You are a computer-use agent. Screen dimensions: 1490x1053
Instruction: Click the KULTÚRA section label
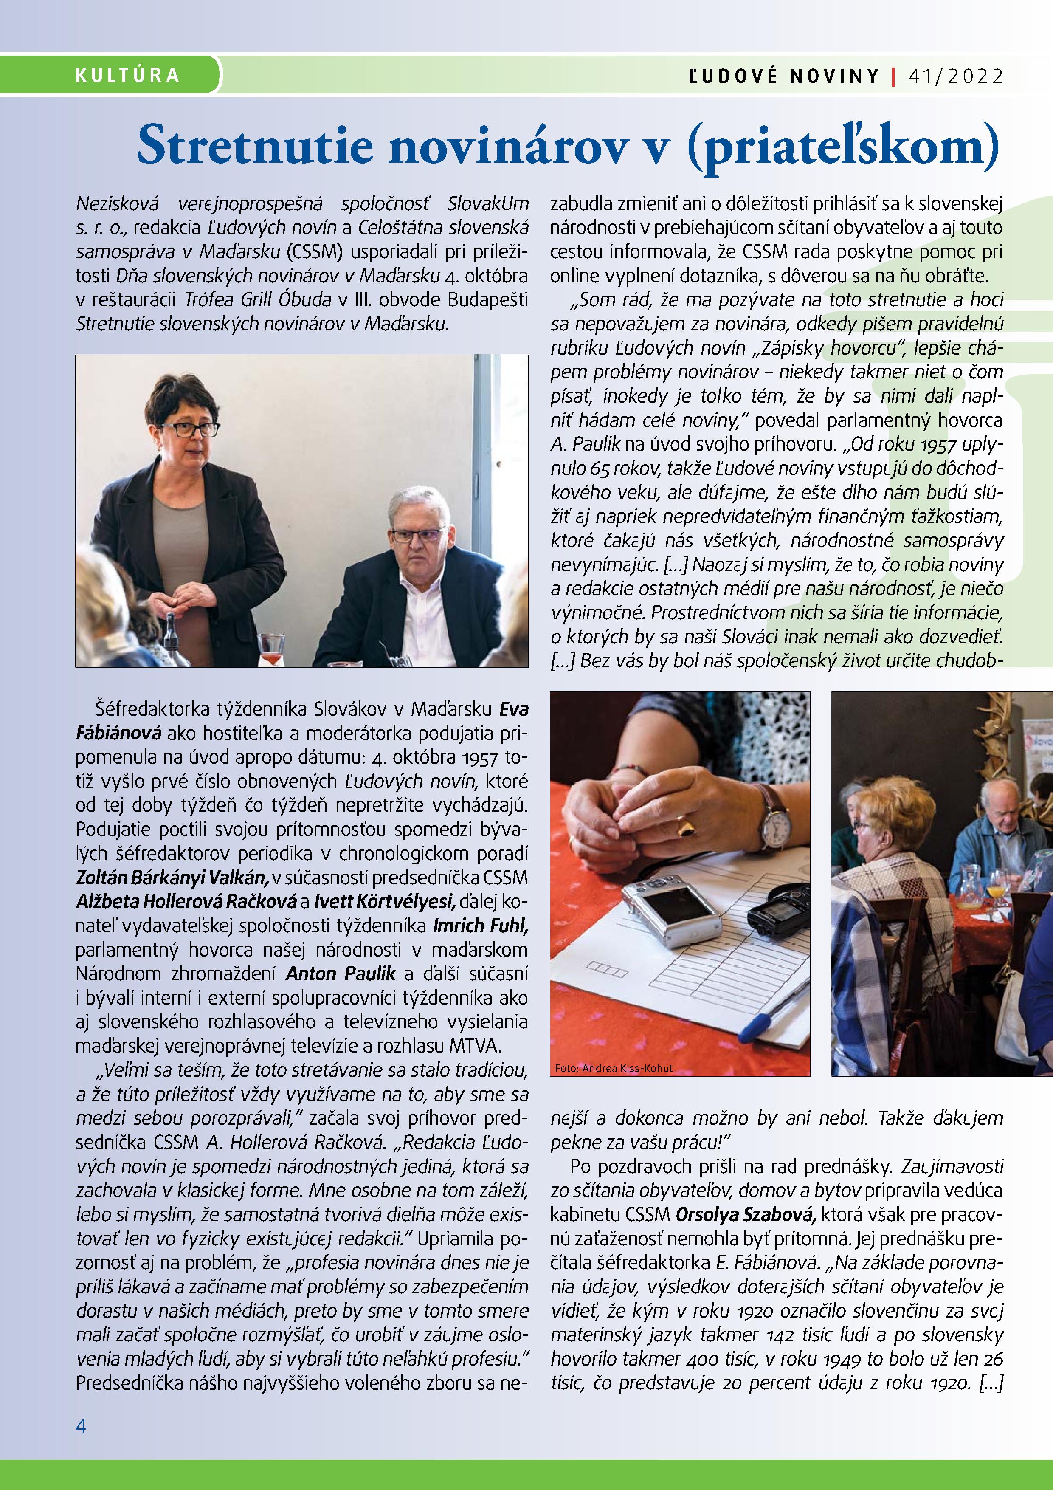[x=127, y=75]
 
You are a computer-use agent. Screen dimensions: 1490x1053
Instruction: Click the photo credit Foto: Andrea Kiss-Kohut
[x=614, y=1067]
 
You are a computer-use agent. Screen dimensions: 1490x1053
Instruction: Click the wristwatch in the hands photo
[x=775, y=822]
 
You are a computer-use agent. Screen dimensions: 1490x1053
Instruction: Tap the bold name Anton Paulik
[x=341, y=974]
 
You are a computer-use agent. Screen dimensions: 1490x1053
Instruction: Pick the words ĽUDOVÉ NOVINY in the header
[x=783, y=76]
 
